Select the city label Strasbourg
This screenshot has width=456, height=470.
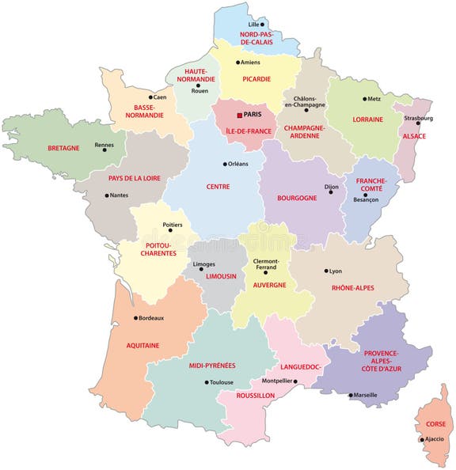[418, 119]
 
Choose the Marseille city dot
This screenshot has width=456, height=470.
[351, 395]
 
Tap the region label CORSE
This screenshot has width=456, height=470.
[435, 424]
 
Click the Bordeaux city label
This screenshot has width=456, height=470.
[151, 318]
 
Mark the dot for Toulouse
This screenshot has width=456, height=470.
[207, 382]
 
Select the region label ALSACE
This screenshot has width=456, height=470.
[414, 136]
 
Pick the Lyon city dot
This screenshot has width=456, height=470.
[326, 271]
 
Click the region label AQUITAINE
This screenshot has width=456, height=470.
[142, 345]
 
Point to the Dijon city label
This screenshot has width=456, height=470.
[331, 188]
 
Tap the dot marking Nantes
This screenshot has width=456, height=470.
[107, 195]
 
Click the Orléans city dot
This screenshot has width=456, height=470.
[224, 164]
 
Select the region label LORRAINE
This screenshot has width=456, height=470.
[367, 119]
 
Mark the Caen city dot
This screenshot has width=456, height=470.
[150, 97]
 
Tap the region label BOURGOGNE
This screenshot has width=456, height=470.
[297, 198]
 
